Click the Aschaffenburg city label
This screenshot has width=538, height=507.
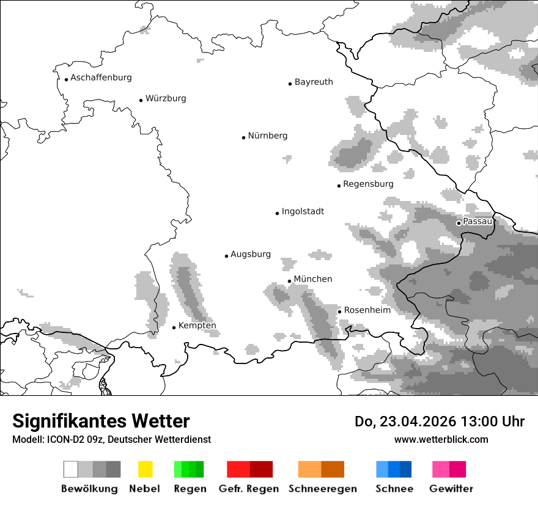tap(101, 78)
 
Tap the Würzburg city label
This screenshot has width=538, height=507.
tap(166, 98)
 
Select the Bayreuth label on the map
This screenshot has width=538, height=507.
tap(314, 82)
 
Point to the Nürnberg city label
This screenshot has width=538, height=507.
tap(267, 136)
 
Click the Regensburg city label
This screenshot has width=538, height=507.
tap(368, 184)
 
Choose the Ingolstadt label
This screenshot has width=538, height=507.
tap(303, 211)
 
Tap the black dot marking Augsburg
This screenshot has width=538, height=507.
tap(226, 256)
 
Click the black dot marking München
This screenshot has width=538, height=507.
tap(290, 281)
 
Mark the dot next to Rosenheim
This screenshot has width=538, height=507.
tap(340, 312)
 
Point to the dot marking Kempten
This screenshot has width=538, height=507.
tap(174, 327)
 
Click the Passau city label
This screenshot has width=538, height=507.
tap(477, 221)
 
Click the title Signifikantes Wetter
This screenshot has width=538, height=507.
tap(101, 421)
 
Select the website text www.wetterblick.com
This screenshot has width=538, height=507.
tap(441, 439)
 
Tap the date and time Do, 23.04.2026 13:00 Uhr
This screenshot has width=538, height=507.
tap(439, 421)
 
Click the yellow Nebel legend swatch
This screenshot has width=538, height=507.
tap(145, 469)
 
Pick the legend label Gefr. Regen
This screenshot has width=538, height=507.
tap(249, 489)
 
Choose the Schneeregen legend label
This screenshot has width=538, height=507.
tap(322, 489)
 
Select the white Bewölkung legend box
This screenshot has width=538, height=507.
tap(71, 469)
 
